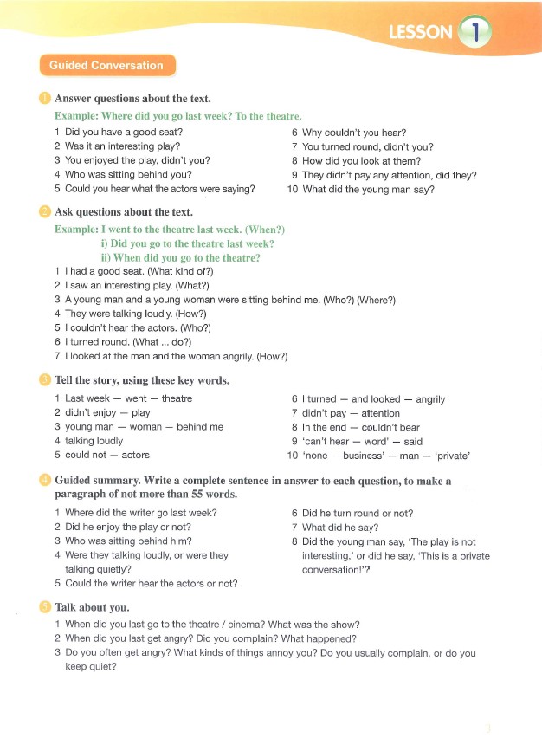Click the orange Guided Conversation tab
tap(106, 66)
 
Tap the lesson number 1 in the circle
tap(474, 33)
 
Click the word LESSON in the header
tap(421, 33)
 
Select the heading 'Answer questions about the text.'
tap(132, 99)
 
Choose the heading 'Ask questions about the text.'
tap(123, 212)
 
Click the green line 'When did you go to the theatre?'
tap(187, 257)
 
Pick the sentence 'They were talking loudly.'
tap(119, 314)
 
